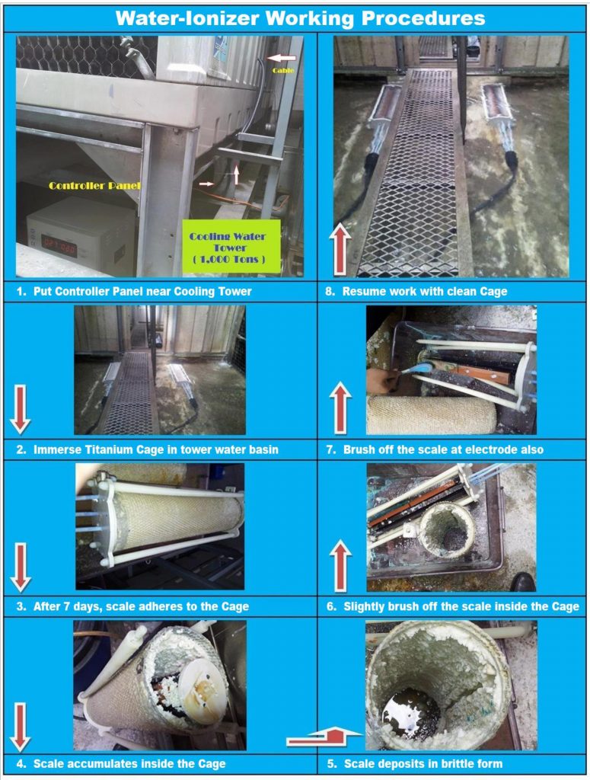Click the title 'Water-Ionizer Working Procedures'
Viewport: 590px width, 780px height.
tap(300, 18)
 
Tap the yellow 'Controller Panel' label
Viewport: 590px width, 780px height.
tap(94, 186)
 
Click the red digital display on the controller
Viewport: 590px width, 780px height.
tap(59, 245)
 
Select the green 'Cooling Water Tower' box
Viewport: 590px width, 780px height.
tap(231, 248)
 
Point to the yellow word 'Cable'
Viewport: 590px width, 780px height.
tap(283, 71)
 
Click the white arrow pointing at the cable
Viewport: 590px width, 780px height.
tap(282, 58)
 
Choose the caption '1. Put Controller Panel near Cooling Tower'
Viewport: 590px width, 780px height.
tap(134, 292)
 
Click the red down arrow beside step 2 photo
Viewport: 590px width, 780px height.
tap(20, 409)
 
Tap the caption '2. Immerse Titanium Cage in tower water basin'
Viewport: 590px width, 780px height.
tap(148, 449)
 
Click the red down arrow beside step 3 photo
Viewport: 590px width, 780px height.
tap(21, 567)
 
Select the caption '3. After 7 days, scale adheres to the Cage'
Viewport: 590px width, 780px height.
tap(132, 607)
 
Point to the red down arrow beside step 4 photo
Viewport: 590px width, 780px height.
tap(20, 727)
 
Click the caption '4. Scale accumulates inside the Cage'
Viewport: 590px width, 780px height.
tap(121, 764)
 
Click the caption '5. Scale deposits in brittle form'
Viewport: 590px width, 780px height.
tap(415, 764)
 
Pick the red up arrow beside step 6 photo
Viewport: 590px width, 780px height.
tap(340, 566)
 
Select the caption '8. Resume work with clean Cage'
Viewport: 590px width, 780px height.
tap(416, 292)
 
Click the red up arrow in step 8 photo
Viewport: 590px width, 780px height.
tap(340, 249)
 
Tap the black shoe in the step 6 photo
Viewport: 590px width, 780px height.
tap(523, 582)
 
